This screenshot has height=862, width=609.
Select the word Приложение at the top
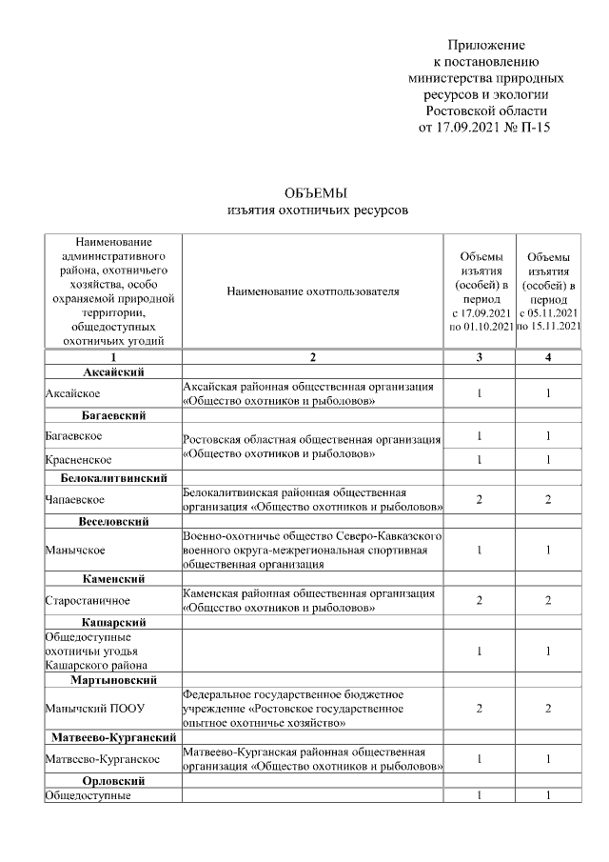pos(486,45)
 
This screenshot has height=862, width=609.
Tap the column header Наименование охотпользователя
pos(313,291)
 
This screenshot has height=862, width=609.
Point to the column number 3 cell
pos(480,357)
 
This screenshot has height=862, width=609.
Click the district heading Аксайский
pos(113,371)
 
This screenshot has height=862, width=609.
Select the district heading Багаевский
pos(113,415)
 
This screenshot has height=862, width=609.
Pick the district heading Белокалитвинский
pos(113,477)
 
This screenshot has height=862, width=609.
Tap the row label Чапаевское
pos(74,499)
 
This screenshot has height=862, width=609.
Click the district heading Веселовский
pos(113,522)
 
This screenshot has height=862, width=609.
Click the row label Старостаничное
pos(86,600)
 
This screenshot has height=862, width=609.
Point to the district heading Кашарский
pos(113,622)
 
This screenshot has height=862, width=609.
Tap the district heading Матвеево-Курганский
pos(113,737)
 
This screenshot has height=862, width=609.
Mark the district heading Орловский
pos(113,781)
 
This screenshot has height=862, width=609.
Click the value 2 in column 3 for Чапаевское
pos(480,499)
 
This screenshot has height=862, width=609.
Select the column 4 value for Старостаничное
pos(548,600)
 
